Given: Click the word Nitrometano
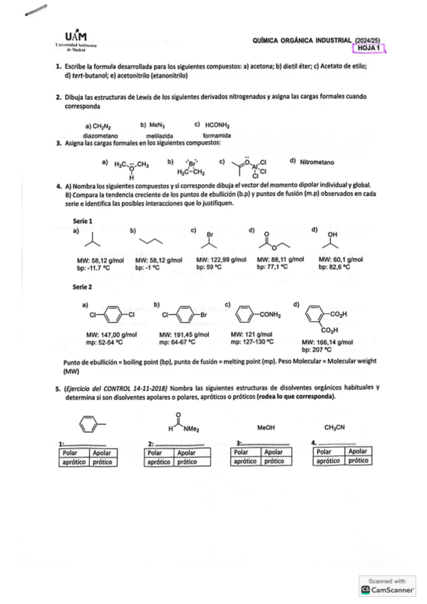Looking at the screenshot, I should [x=317, y=162].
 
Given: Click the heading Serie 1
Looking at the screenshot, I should [x=83, y=220].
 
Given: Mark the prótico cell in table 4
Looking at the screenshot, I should [x=359, y=461].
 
